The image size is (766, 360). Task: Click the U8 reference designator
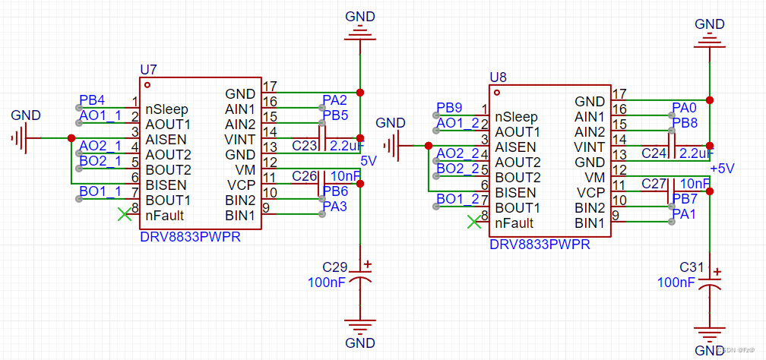coord(498,77)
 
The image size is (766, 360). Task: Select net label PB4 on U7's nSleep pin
coord(92,100)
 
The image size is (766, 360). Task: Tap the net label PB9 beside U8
coord(449,108)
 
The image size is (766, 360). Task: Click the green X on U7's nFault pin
coord(124,215)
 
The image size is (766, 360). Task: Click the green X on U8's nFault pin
coord(474,222)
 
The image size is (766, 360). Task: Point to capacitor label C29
coord(334,267)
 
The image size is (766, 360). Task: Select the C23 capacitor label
coord(304,146)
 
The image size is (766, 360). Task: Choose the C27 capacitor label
coord(654,183)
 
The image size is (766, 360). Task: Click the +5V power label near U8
coord(722,169)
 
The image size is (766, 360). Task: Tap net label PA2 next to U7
coord(334,99)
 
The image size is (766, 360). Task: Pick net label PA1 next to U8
coord(684,213)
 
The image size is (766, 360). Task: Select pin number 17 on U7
coord(269,86)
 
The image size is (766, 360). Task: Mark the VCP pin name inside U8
coord(590,192)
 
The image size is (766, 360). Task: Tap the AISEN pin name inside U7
coord(167,139)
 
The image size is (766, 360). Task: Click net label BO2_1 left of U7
coord(100,161)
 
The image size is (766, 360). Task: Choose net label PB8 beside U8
coord(684,122)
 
